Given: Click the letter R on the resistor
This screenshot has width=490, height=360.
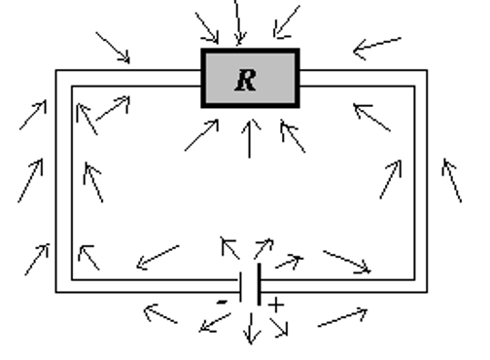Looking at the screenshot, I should [x=248, y=79].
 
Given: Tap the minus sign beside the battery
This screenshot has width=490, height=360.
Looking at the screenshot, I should [x=223, y=303].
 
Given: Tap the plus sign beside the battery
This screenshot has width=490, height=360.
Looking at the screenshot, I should [x=277, y=306].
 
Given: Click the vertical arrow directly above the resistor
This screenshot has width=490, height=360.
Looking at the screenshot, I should [x=238, y=21].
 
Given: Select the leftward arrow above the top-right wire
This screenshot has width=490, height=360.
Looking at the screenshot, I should [x=376, y=45].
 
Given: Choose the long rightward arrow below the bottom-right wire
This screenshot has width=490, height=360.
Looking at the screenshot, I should [x=342, y=317].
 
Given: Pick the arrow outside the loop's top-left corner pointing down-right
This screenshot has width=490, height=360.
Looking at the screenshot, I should [x=114, y=48].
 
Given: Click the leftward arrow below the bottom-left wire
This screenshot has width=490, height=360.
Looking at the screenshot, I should [x=160, y=313].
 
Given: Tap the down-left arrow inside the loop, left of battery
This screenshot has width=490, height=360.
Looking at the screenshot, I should [x=157, y=257].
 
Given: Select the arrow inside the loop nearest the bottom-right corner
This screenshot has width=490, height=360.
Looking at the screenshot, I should [x=346, y=261].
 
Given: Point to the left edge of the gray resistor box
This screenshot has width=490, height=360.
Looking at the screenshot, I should [x=203, y=77].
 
